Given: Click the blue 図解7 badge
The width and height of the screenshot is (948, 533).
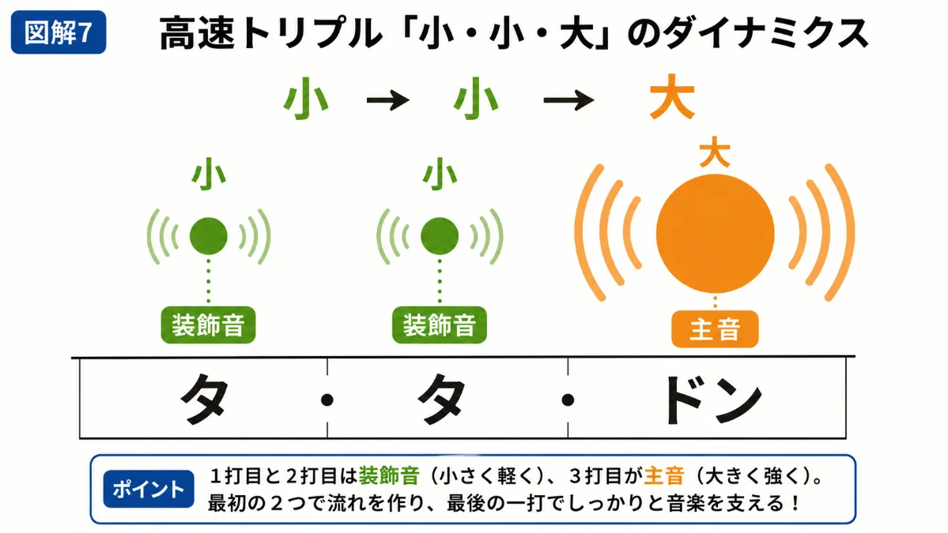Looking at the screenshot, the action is (x=59, y=32).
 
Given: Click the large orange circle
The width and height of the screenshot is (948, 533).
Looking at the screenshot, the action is (x=716, y=234).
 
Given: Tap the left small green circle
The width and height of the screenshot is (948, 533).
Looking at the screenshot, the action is (x=209, y=236).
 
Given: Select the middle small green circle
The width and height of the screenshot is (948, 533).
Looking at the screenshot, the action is (x=440, y=236).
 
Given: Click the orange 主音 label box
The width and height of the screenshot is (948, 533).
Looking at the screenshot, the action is (x=715, y=329).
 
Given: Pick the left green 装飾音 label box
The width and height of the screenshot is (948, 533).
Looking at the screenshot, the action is (x=208, y=325).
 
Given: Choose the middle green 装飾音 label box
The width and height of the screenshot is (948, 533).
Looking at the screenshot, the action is (x=440, y=325).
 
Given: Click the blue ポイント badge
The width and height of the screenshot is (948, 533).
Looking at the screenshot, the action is (x=149, y=489).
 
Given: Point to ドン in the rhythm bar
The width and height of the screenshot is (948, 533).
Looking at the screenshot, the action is (x=713, y=400).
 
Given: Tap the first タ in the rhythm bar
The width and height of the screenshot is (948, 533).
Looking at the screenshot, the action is (x=205, y=399).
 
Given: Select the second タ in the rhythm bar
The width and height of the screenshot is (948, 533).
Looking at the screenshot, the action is (x=442, y=399).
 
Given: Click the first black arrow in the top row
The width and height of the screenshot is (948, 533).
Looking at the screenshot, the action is (x=388, y=99).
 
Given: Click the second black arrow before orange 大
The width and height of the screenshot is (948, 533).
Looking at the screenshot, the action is (x=568, y=99).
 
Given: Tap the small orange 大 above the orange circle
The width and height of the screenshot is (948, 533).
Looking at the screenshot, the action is (x=715, y=152).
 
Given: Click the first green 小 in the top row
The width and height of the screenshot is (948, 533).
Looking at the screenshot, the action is (x=306, y=99).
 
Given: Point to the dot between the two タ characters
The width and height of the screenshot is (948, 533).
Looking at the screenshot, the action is (x=327, y=400).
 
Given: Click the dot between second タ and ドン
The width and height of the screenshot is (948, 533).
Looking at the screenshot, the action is (x=568, y=400).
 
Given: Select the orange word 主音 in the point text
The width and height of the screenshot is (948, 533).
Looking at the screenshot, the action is (x=664, y=476).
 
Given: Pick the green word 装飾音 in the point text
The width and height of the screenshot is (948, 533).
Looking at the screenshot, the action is (x=389, y=476).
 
